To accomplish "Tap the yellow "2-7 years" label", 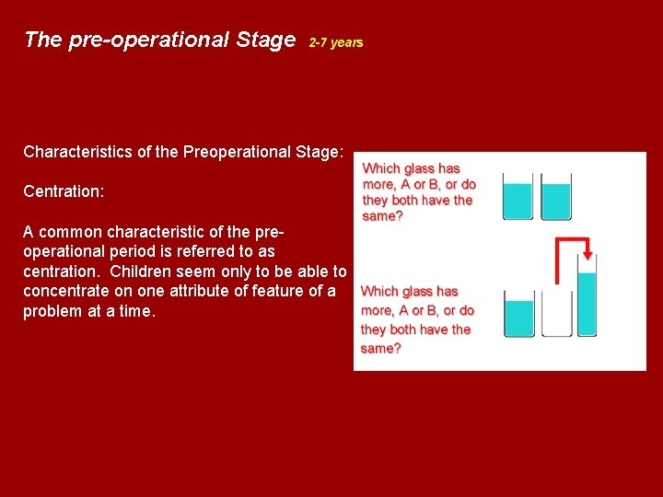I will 336,42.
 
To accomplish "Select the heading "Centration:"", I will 64,191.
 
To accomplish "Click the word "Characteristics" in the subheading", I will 78,152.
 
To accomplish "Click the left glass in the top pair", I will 518,196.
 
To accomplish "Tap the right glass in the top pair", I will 556,196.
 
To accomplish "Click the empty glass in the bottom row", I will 556,313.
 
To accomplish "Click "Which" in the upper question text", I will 381,168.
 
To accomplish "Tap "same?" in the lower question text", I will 380,349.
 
